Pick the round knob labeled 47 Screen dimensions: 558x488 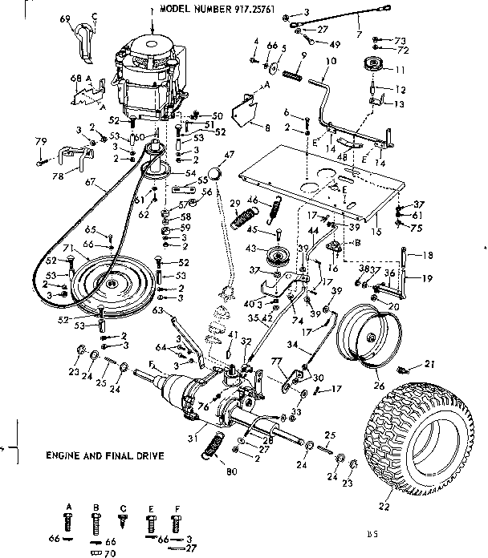(214, 173)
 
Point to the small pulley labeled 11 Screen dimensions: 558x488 (372, 66)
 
